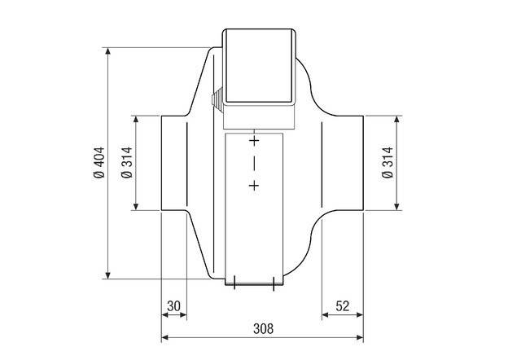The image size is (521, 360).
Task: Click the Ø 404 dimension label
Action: point(99,163)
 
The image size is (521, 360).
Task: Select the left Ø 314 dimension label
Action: point(126,163)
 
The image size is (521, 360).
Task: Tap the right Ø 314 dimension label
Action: point(386,163)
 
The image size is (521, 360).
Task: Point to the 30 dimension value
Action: point(173,306)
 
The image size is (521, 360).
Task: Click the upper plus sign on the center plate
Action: point(254,141)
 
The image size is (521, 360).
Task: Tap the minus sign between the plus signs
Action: point(254,163)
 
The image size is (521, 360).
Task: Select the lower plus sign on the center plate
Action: point(254,187)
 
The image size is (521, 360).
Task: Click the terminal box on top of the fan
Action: point(256,69)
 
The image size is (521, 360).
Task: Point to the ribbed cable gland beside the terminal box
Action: point(217,100)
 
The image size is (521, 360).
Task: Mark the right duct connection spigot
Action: point(342,163)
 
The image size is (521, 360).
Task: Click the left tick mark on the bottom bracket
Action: point(234,283)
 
